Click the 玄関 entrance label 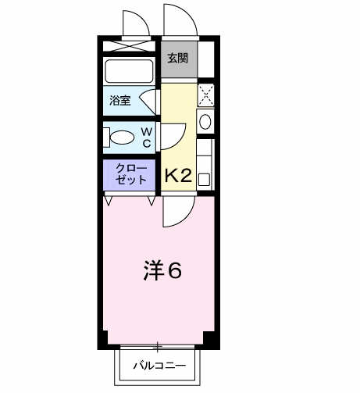click(178, 57)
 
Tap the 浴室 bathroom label click(120, 100)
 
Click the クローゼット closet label click(130, 173)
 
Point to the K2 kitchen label click(177, 175)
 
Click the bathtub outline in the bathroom click(131, 73)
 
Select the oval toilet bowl click(124, 138)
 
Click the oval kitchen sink click(205, 122)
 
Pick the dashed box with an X click(205, 95)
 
